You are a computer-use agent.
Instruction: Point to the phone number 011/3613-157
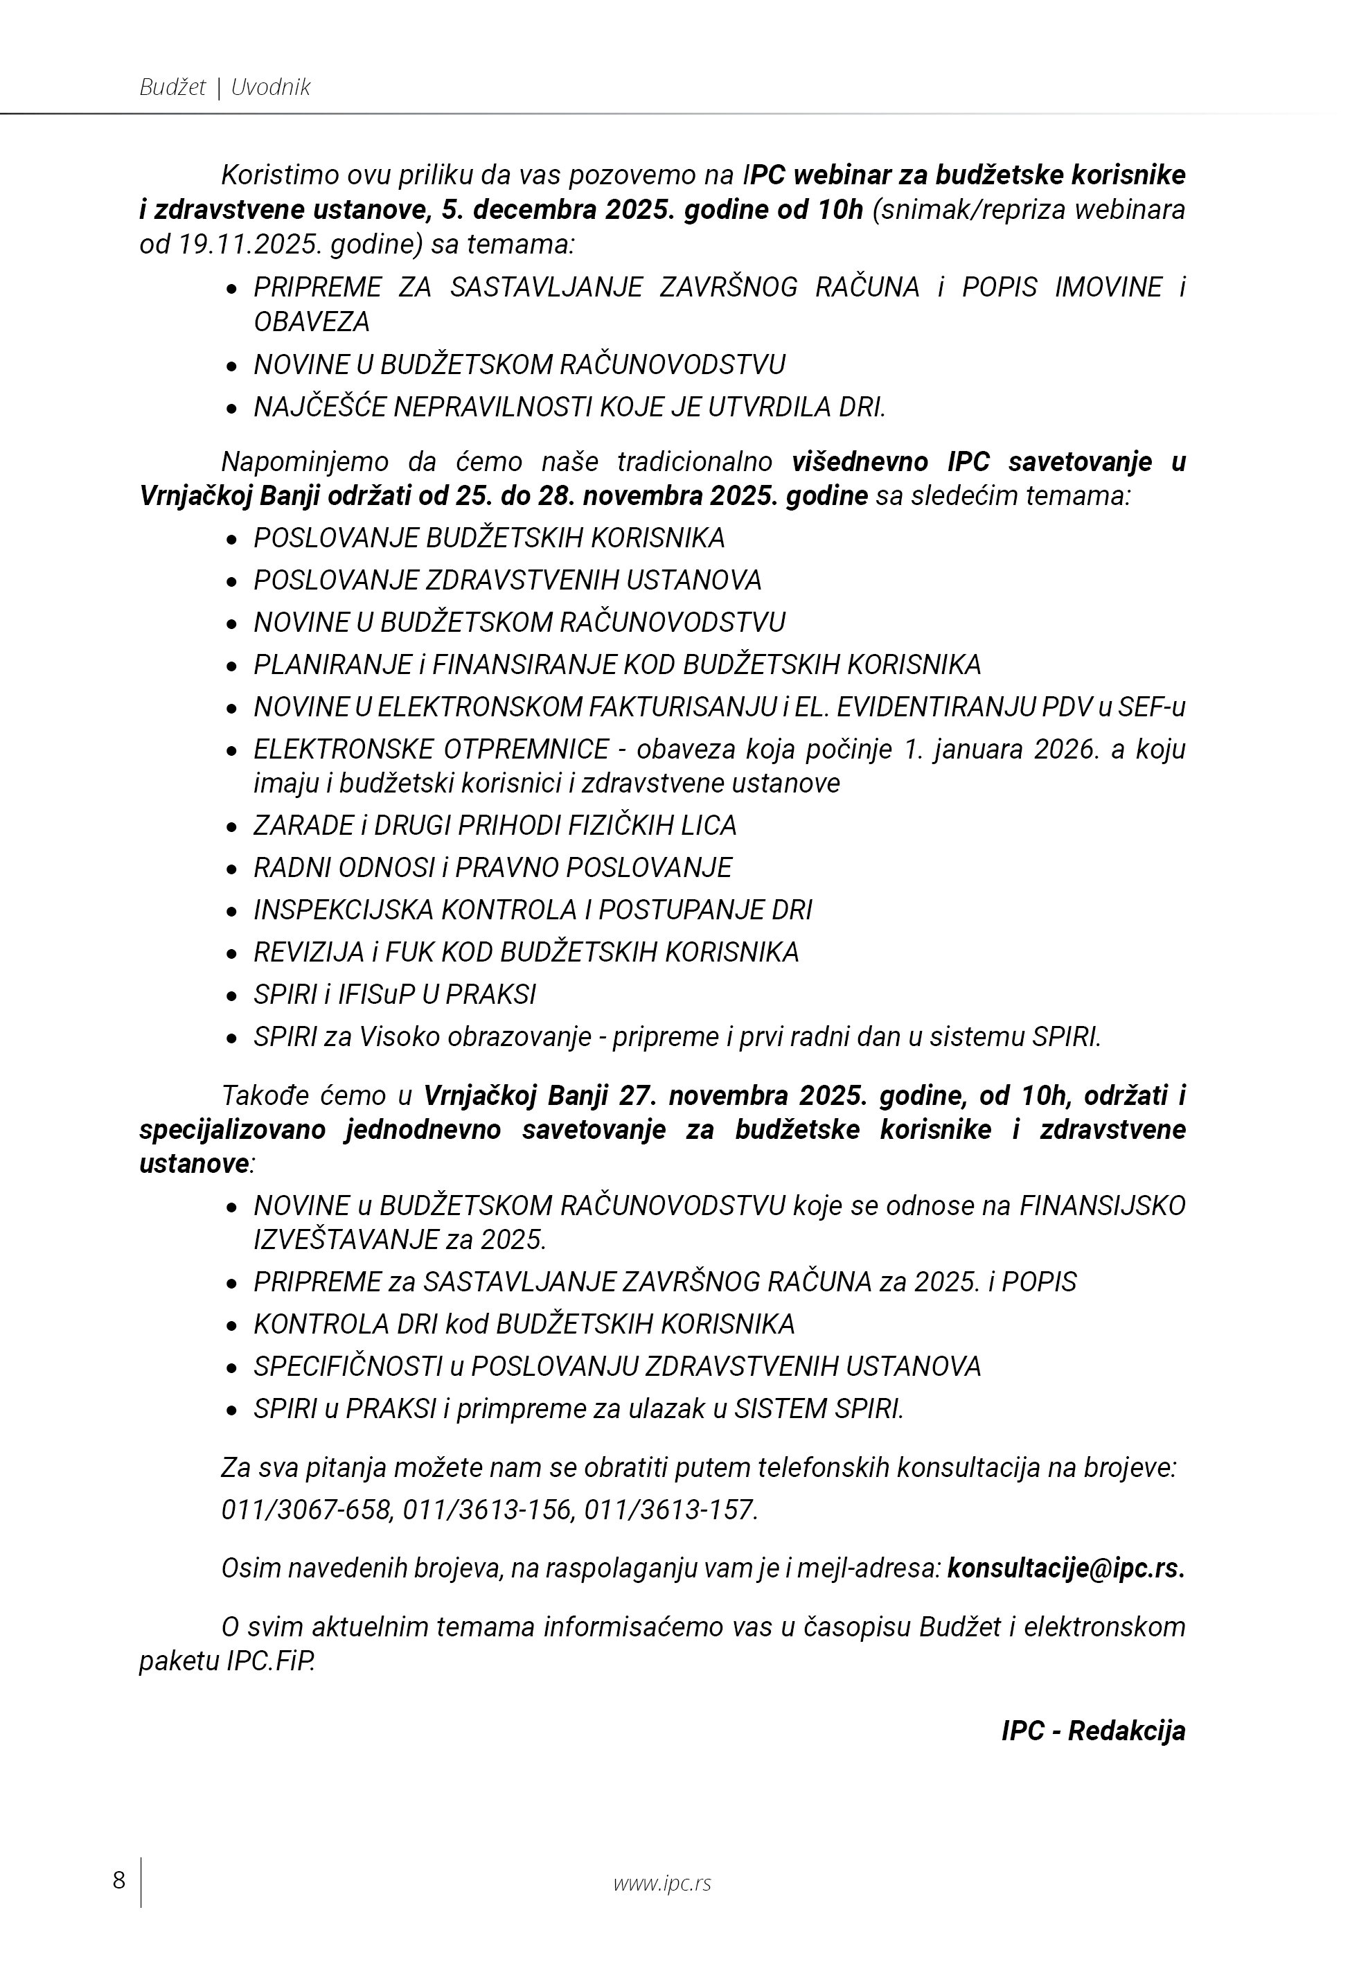point(670,1509)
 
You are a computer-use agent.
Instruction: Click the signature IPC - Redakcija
point(1093,1731)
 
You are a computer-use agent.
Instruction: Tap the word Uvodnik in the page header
point(271,87)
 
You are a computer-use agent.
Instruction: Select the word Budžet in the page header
point(172,87)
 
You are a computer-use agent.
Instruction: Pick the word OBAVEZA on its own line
point(312,322)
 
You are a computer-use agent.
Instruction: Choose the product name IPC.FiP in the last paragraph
point(271,1662)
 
